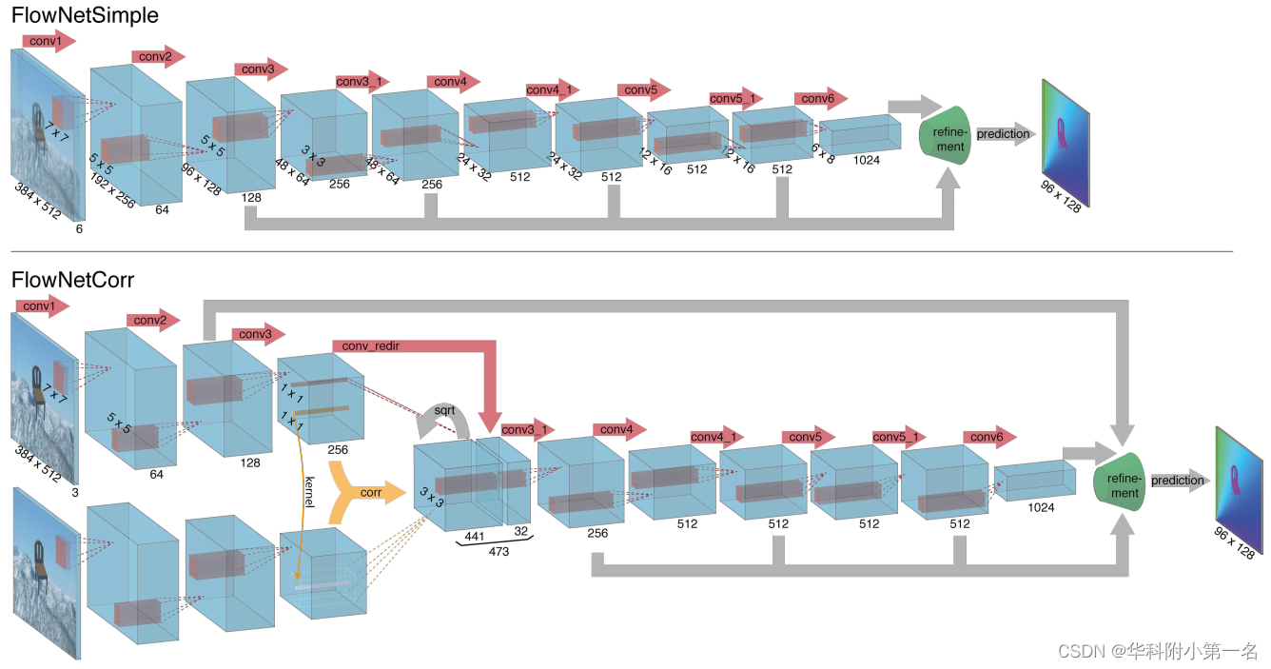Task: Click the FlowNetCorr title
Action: coord(72,280)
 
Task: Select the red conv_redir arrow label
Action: coord(365,344)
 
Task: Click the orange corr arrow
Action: coord(366,492)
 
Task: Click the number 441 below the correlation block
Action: coord(473,537)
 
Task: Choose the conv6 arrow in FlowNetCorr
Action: coord(988,437)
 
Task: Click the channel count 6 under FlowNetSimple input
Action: coord(79,228)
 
